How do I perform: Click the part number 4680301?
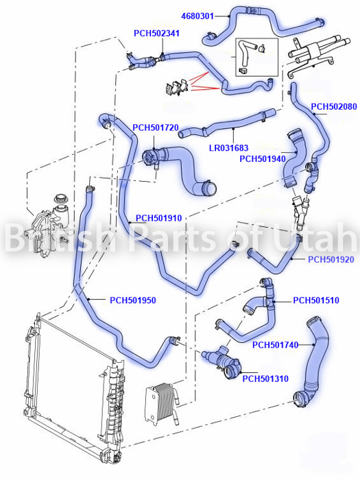[x=197, y=16]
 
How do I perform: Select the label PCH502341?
[x=156, y=34]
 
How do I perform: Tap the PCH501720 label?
[x=156, y=128]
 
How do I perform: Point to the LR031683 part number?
[x=228, y=148]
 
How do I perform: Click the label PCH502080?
[x=334, y=106]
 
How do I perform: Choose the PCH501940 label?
[x=263, y=159]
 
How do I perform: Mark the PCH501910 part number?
[x=159, y=218]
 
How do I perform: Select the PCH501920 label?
[x=331, y=260]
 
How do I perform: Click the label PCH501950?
[x=133, y=300]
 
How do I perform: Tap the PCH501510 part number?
[x=316, y=300]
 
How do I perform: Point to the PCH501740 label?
[x=275, y=345]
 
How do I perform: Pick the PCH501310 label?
[x=265, y=379]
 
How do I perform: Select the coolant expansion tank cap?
[x=60, y=199]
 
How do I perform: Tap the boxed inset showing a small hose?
[x=256, y=57]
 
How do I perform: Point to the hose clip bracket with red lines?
[x=177, y=88]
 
